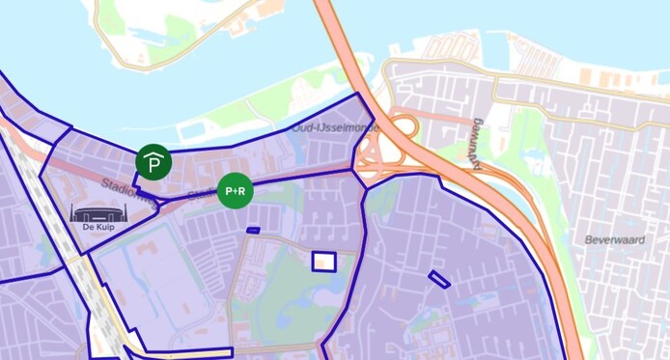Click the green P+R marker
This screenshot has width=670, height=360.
pos(235,191)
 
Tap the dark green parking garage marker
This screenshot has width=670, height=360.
pos(154,162)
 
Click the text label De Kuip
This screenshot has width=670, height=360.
pos(95,233)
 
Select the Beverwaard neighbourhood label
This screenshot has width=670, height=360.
pos(614,238)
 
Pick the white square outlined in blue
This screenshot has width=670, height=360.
pos(324,261)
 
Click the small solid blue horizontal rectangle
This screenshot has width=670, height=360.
pos(253,230)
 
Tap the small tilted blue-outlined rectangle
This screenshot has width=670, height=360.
pos(439,279)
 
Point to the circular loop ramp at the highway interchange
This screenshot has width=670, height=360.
pos(404,127)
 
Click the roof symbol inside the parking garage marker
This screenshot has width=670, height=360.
pos(154,155)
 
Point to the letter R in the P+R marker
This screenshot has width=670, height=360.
pos(243,191)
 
